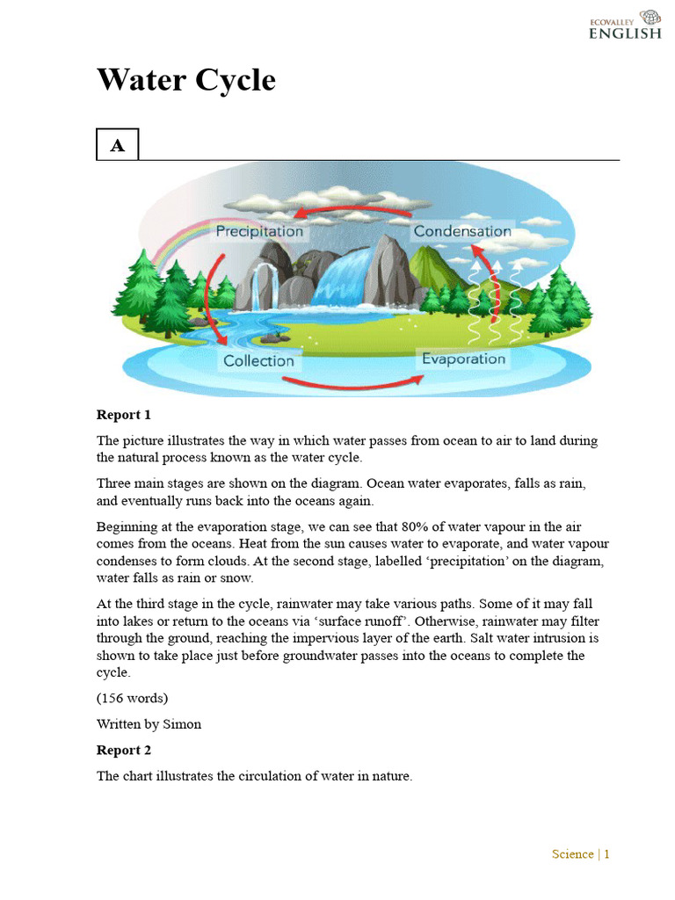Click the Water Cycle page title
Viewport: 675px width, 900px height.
point(185,80)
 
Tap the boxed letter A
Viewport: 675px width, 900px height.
point(117,146)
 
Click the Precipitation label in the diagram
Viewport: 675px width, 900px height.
point(259,231)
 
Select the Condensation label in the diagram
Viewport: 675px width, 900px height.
point(461,231)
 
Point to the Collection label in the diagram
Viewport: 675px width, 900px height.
point(258,360)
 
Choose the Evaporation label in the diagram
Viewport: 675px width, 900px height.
point(463,359)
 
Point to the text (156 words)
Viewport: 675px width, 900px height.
point(132,698)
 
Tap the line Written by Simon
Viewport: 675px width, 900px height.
point(149,724)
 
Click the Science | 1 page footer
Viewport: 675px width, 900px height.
point(580,853)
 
